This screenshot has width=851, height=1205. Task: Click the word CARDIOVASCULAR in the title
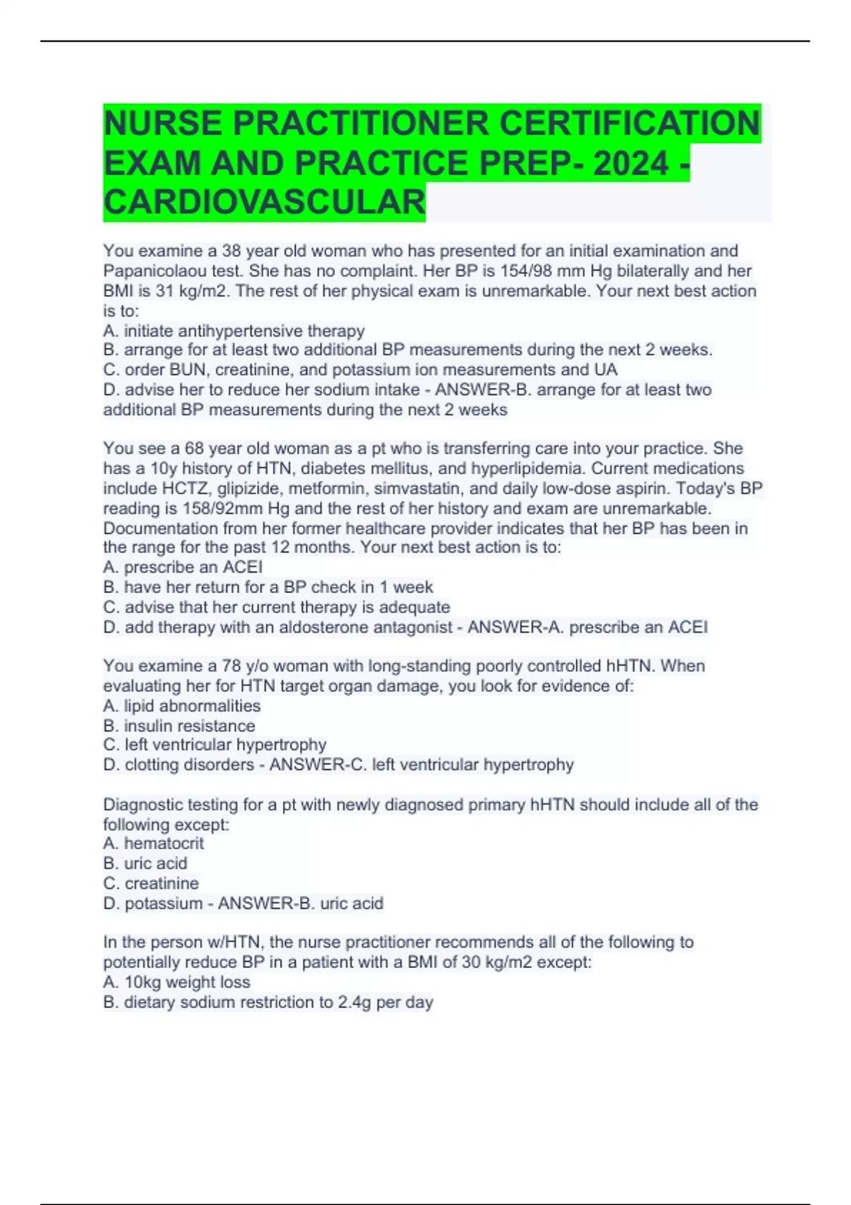(264, 202)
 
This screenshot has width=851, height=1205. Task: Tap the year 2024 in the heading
(630, 164)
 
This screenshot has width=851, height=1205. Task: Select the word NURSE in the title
(162, 124)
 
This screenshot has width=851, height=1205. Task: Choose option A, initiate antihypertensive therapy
(234, 330)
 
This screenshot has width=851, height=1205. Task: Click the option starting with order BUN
(360, 369)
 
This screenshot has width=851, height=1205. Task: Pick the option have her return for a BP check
(268, 587)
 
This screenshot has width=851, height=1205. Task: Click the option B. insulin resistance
(179, 726)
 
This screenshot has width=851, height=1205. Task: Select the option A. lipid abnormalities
(182, 706)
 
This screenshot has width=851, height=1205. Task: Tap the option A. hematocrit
(153, 843)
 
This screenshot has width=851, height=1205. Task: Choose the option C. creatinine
(151, 883)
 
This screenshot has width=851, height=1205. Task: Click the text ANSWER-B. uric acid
(300, 903)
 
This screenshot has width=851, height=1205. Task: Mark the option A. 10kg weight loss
(177, 982)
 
